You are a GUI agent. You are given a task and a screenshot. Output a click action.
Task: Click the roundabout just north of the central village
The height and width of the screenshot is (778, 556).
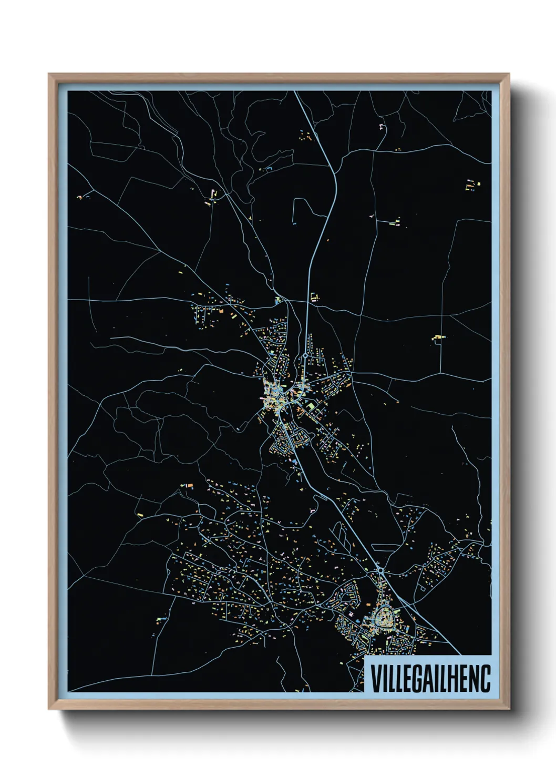click(x=305, y=356)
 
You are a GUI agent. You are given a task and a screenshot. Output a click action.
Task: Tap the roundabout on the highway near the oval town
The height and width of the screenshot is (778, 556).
click(x=380, y=569)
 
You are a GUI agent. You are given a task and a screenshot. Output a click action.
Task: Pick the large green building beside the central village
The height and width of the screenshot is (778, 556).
click(x=311, y=407)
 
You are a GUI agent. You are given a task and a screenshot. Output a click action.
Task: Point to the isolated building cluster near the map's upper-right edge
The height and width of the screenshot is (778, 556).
click(x=471, y=185)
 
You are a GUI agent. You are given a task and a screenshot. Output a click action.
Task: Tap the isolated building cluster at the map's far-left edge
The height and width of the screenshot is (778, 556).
click(x=80, y=197)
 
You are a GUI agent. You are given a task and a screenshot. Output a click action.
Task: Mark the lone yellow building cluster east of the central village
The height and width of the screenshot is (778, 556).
click(x=438, y=337)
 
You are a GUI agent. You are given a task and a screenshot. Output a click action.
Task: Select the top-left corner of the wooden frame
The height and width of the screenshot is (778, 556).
click(x=49, y=75)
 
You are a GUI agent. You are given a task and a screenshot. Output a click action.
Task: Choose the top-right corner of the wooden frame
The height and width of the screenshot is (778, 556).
click(x=509, y=75)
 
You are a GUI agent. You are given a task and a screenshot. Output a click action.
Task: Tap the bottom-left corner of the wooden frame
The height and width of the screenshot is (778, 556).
click(x=49, y=709)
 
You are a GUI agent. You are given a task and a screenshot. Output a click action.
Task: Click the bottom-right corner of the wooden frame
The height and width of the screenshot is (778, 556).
click(x=509, y=709)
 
